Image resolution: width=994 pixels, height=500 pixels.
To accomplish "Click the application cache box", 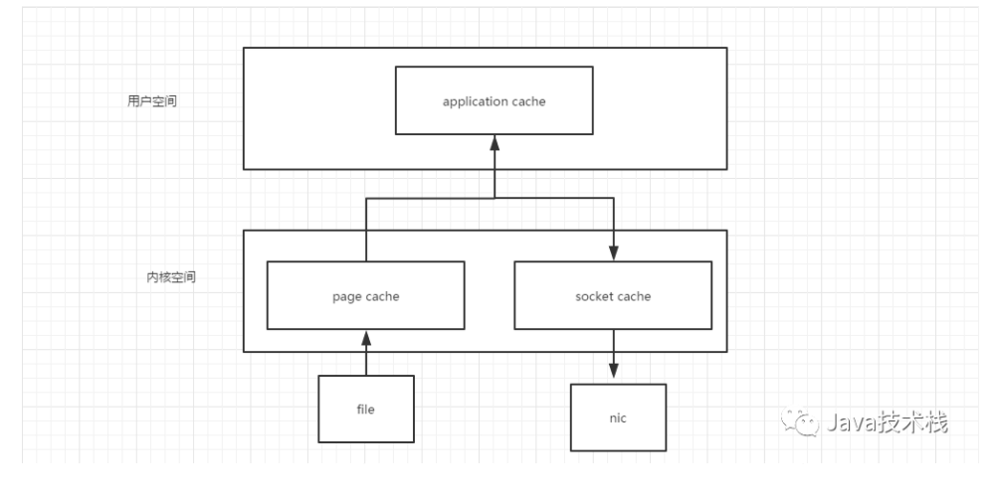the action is point(494,100).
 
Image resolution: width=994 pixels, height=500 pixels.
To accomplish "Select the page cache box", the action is point(366,295).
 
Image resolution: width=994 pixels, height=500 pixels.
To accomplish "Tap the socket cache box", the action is point(613,295).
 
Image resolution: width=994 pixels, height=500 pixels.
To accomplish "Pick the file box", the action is point(366,409).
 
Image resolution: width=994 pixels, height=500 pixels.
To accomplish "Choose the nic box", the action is point(618,417).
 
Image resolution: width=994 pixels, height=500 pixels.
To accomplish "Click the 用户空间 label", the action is point(152,100).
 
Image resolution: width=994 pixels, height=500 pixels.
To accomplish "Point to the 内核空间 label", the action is point(171,277).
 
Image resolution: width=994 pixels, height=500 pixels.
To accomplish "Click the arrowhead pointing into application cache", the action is point(495,142).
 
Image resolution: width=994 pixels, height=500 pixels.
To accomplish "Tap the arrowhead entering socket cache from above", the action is point(613,252).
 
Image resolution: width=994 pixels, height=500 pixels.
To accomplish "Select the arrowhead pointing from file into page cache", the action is point(366,338).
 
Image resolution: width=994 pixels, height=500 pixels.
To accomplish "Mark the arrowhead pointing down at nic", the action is point(613,371).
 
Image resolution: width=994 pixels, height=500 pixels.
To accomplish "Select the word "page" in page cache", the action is point(346,297).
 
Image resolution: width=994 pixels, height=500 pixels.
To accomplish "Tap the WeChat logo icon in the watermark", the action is point(799,420).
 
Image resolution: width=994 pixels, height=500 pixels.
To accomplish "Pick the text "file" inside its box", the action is point(366,409).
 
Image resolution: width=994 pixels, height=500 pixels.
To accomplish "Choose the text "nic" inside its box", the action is point(618,417).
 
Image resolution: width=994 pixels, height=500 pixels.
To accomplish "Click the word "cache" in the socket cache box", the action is point(635,296).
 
